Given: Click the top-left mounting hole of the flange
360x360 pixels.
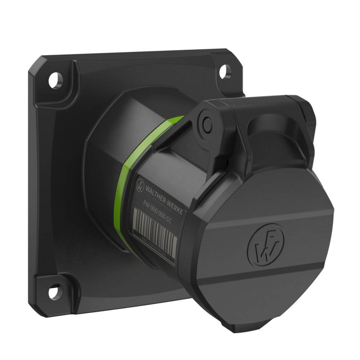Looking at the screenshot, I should pyautogui.click(x=56, y=79).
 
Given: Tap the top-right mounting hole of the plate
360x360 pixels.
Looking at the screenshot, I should pyautogui.click(x=223, y=69).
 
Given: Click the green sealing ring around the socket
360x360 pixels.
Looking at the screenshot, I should pyautogui.click(x=121, y=187).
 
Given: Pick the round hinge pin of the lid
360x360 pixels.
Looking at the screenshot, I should pyautogui.click(x=206, y=124).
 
